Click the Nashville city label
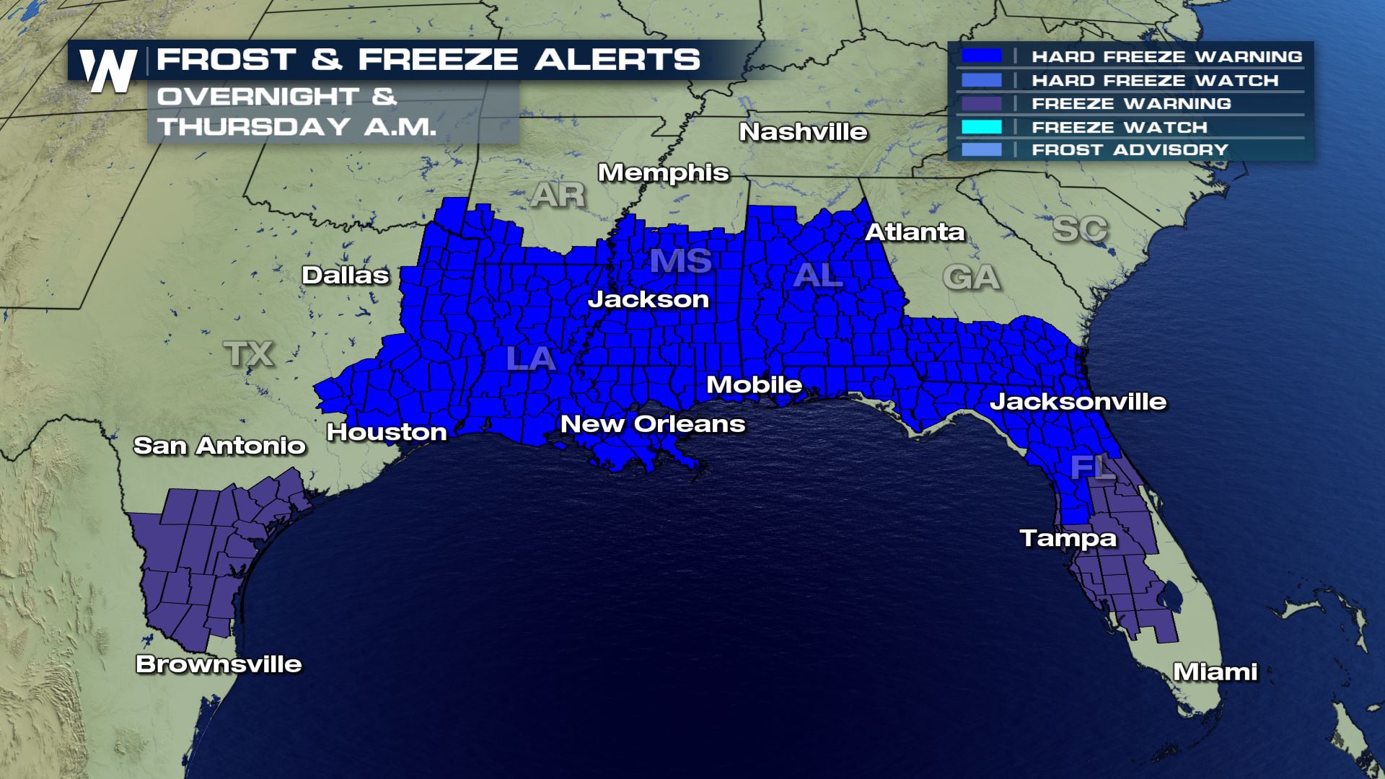(x=803, y=132)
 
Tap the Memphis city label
(x=663, y=173)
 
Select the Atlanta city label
(x=914, y=232)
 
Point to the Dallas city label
(x=345, y=275)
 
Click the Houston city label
(x=387, y=432)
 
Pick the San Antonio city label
(x=219, y=446)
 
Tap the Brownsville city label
(x=219, y=664)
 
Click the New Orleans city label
(x=653, y=424)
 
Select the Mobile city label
(x=754, y=384)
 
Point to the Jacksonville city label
(x=1078, y=402)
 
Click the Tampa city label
(x=1068, y=538)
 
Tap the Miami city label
(x=1215, y=672)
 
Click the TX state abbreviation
(x=249, y=353)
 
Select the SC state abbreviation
(x=1079, y=229)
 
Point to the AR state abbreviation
(x=558, y=195)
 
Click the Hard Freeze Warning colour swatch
(x=981, y=56)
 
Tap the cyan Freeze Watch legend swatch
(x=981, y=127)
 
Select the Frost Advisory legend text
(x=1130, y=150)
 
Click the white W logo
(x=109, y=71)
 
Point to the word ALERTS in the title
(x=617, y=59)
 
